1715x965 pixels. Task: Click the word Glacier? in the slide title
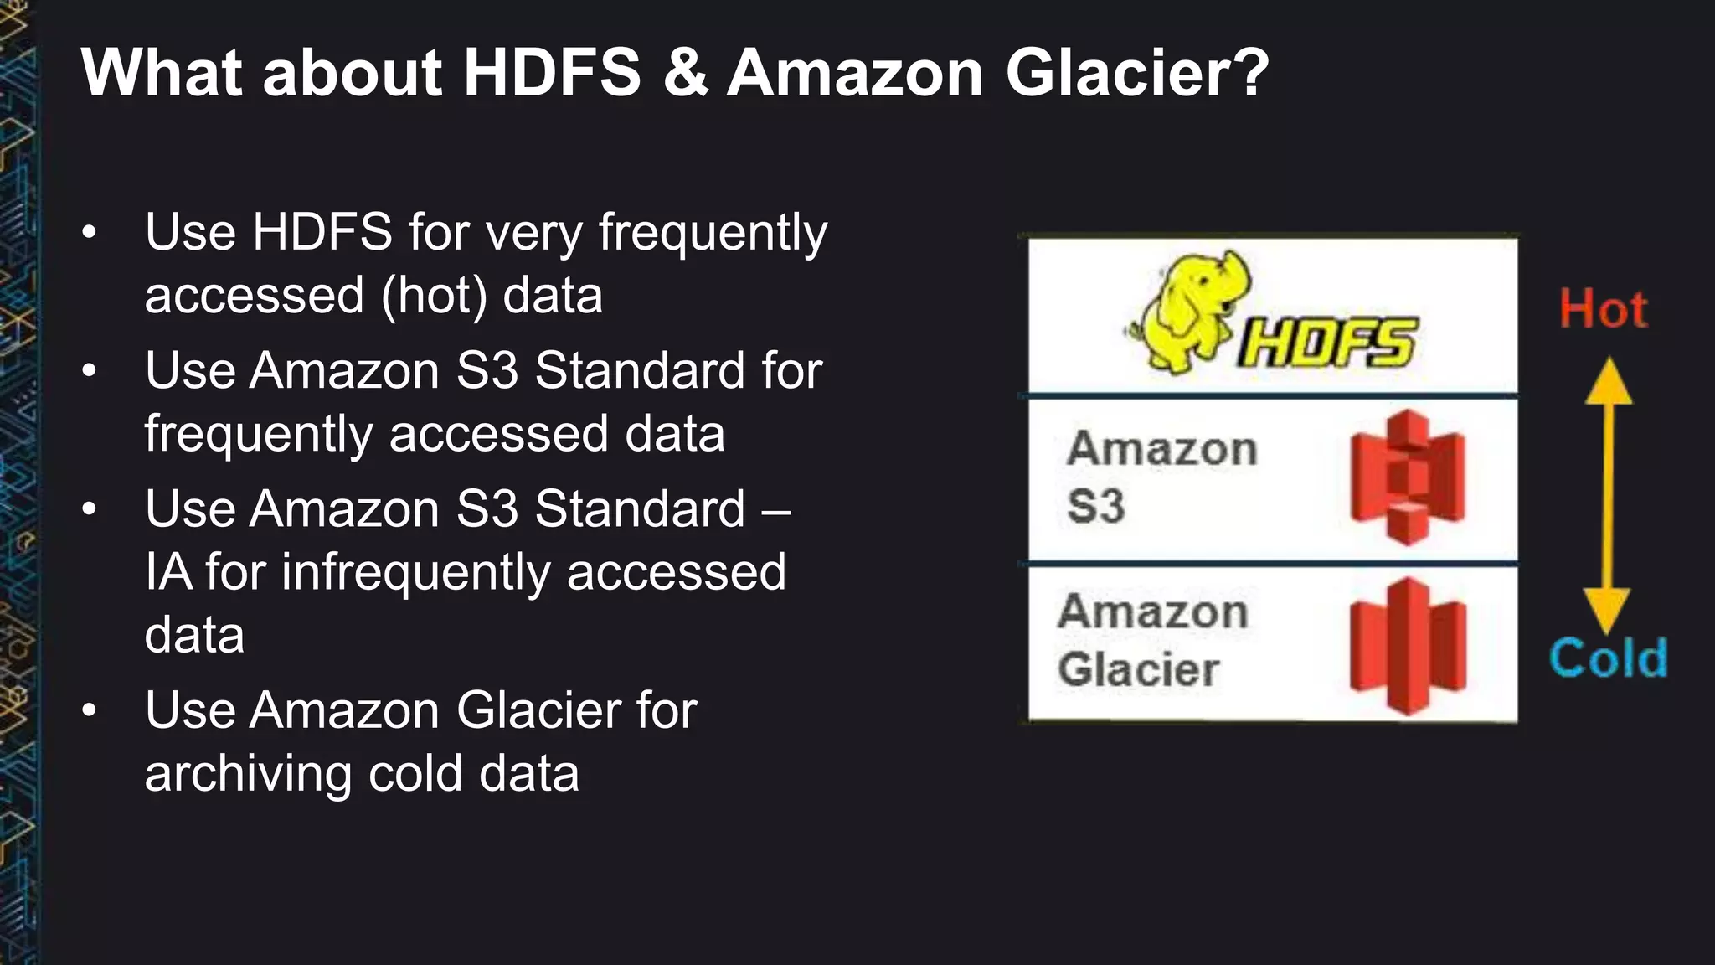tap(1137, 74)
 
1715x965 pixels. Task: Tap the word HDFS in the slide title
tap(552, 74)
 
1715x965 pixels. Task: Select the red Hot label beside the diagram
tap(1603, 309)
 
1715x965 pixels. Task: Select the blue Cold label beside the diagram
tap(1608, 658)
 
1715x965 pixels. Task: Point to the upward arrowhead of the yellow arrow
tap(1608, 381)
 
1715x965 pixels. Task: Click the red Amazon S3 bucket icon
tap(1408, 477)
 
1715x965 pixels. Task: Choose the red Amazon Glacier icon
tap(1408, 646)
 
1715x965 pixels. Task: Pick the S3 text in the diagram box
tap(1095, 507)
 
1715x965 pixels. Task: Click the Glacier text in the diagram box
tap(1138, 670)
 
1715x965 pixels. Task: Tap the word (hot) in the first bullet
tap(434, 297)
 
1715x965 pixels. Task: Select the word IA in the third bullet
tap(167, 573)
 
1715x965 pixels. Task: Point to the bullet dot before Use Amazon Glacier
tap(90, 711)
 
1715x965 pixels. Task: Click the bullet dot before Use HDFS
tap(90, 232)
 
